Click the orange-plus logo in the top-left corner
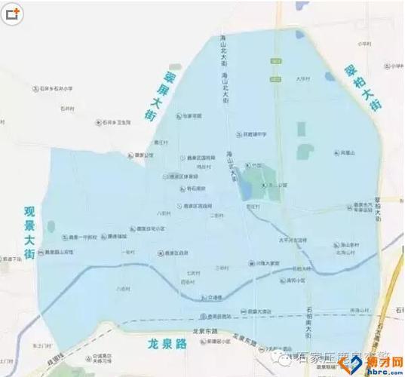(x=14, y=13)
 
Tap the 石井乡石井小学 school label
(x=56, y=88)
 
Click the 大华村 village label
(x=303, y=78)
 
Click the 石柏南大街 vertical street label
(x=308, y=317)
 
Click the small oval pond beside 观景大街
(x=51, y=226)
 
